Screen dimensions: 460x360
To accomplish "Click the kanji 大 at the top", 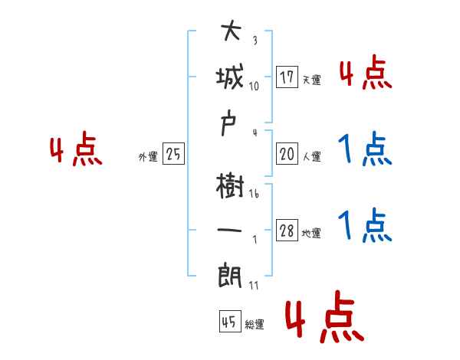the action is point(231,33).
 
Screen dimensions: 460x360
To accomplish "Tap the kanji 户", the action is point(231,125).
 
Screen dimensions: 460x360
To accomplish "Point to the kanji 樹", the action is point(231,185).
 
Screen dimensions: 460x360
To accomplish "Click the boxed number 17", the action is point(287,77).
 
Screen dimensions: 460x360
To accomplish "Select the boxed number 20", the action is point(287,154).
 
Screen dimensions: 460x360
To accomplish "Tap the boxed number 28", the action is point(287,231).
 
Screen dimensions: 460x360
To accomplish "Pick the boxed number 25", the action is point(173,154).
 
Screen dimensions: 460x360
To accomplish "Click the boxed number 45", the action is point(228,322).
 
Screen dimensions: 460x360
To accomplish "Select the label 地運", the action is point(311,234).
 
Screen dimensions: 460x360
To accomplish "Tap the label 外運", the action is point(148,157).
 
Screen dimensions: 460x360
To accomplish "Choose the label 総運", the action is point(254,325).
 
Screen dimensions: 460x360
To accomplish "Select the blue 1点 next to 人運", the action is point(364,151).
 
